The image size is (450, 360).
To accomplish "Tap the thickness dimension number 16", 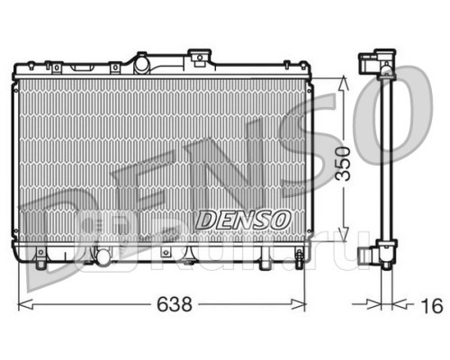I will (x=432, y=306).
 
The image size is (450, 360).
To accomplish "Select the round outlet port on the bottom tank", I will (x=103, y=257).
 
